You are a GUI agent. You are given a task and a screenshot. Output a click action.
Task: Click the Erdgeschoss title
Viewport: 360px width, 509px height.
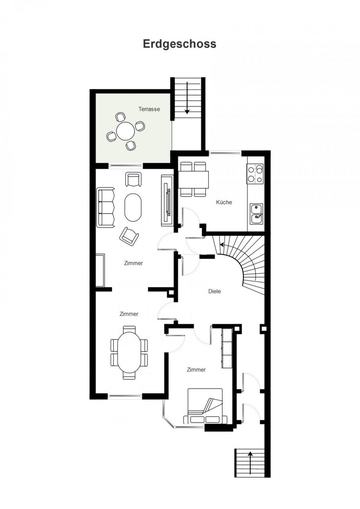(x=180, y=44)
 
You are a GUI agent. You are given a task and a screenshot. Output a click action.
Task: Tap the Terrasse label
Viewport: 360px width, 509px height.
(x=149, y=109)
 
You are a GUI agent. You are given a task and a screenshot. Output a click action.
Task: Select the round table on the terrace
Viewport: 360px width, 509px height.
(x=125, y=131)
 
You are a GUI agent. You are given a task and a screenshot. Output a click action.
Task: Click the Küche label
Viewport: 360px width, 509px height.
(x=224, y=202)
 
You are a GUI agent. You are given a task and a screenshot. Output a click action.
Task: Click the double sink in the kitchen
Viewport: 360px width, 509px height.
(x=257, y=214)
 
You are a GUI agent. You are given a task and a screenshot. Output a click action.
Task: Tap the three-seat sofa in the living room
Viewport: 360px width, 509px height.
(x=106, y=208)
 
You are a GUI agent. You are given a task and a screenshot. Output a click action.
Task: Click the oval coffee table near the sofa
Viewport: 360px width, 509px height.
(x=133, y=207)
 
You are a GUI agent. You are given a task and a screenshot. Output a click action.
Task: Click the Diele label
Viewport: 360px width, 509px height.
(x=215, y=291)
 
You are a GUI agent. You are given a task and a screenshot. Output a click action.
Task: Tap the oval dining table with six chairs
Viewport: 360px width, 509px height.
(x=129, y=353)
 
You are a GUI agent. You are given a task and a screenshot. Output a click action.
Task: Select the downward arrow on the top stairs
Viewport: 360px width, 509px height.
(x=187, y=98)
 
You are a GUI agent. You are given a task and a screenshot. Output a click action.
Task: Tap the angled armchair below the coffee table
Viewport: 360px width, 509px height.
(x=129, y=236)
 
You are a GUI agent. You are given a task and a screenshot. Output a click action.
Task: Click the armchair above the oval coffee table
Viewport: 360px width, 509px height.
(x=133, y=179)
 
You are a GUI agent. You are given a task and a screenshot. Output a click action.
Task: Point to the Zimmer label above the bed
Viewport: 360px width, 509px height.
(x=196, y=370)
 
